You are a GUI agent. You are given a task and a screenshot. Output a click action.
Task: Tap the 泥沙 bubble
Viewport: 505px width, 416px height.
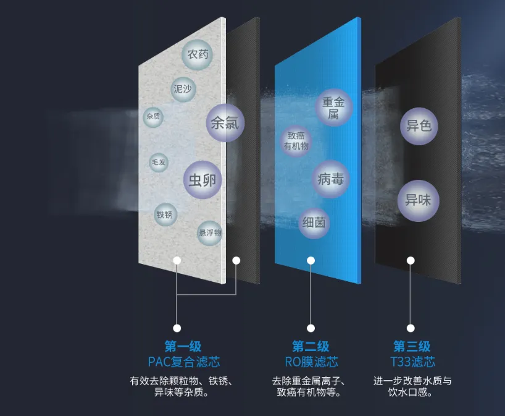(182, 90)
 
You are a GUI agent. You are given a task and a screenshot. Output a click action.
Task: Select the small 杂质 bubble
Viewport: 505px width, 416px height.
(154, 117)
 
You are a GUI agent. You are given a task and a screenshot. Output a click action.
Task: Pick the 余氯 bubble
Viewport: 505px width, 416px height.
(225, 123)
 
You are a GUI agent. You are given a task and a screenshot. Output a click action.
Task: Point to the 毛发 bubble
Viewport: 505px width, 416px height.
(159, 163)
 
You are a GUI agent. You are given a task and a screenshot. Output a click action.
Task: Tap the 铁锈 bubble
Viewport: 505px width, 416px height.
(165, 214)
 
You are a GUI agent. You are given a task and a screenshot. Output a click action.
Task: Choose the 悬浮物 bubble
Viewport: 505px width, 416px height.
(210, 232)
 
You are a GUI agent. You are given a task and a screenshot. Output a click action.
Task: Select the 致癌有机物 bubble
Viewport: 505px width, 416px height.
(296, 141)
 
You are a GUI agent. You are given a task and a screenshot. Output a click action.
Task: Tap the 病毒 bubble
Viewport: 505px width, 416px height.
(330, 180)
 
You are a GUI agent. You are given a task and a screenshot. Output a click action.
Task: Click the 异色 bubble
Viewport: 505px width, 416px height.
(418, 127)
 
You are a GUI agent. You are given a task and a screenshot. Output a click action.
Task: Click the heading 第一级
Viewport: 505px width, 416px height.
(183, 346)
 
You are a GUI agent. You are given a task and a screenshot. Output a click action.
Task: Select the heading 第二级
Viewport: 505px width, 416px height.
(311, 346)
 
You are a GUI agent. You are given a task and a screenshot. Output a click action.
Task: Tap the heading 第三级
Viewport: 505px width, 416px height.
(412, 346)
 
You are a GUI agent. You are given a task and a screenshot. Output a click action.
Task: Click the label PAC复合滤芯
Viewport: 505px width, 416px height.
(183, 362)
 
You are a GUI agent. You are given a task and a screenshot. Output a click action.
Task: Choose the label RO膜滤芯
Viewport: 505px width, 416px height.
(311, 362)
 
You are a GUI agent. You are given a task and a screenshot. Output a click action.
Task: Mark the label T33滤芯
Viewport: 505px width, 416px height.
(412, 362)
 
